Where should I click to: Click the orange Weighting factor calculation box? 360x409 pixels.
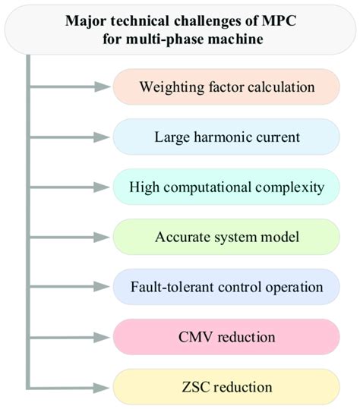point(226,87)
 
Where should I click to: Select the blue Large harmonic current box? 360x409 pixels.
point(226,137)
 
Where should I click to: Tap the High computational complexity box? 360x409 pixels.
point(226,187)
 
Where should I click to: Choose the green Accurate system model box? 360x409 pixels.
point(226,237)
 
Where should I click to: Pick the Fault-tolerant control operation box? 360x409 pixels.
point(226,287)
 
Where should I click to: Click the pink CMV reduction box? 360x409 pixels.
point(226,336)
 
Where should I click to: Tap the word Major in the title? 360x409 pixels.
point(86,19)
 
